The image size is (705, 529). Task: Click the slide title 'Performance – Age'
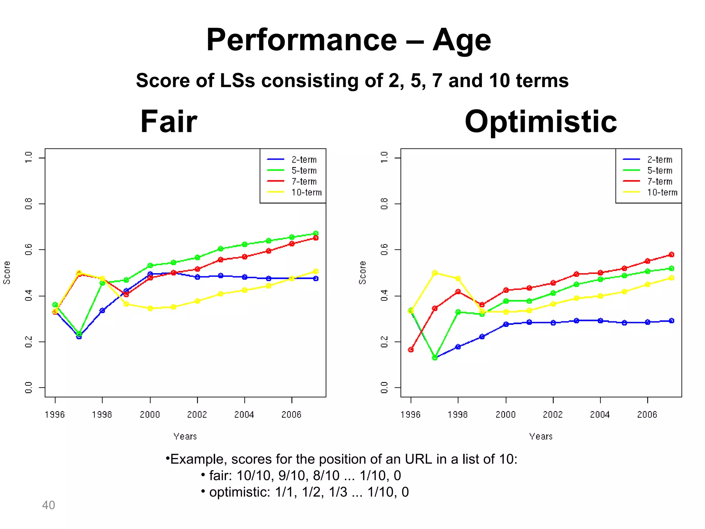point(348,40)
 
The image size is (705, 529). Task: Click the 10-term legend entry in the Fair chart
point(306,192)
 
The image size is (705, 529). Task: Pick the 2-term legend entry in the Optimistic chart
point(660,159)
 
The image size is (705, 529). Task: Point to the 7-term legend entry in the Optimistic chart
point(660,181)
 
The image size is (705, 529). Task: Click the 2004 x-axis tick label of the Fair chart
point(244,414)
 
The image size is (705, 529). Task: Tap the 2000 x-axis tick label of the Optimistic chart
point(506,414)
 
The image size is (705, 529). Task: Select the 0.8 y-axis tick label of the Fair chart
point(29,204)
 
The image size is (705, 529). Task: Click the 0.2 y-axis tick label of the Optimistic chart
point(385,342)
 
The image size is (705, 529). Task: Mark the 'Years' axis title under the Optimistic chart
point(541,436)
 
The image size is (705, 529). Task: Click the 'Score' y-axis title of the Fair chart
point(7,272)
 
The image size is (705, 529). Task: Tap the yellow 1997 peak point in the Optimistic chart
point(435,273)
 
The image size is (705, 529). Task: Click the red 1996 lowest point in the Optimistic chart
point(411,350)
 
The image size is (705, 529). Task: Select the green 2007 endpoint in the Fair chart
point(316,234)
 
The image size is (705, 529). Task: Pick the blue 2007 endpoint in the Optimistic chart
point(671,321)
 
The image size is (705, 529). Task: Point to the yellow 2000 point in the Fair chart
point(150,308)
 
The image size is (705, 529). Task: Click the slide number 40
point(49,505)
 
